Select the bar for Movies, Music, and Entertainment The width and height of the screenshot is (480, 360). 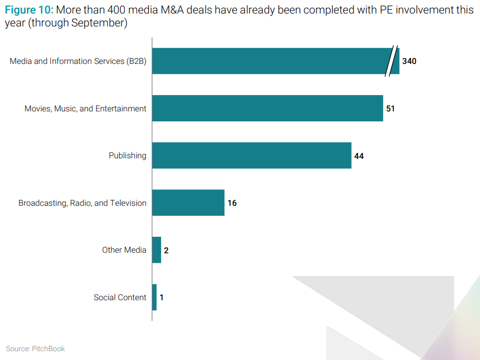click(267, 108)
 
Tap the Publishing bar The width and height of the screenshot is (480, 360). click(251, 155)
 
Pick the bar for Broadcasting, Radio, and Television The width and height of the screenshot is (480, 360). click(188, 203)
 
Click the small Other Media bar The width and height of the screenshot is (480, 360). click(156, 250)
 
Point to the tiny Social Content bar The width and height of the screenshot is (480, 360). click(154, 297)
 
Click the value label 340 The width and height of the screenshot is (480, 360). click(409, 61)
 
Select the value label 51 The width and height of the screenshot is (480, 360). click(391, 108)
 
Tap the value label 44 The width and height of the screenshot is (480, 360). click(359, 155)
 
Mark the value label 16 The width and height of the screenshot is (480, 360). click(232, 203)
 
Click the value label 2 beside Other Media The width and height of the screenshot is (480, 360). click(166, 250)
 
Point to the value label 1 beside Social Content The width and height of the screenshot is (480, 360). click(161, 297)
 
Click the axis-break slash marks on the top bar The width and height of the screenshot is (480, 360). click(391, 61)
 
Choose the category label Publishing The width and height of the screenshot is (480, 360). click(127, 155)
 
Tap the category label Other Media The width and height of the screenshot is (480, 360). click(124, 250)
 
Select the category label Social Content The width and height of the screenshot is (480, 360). click(120, 297)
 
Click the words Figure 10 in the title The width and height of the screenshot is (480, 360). click(28, 11)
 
